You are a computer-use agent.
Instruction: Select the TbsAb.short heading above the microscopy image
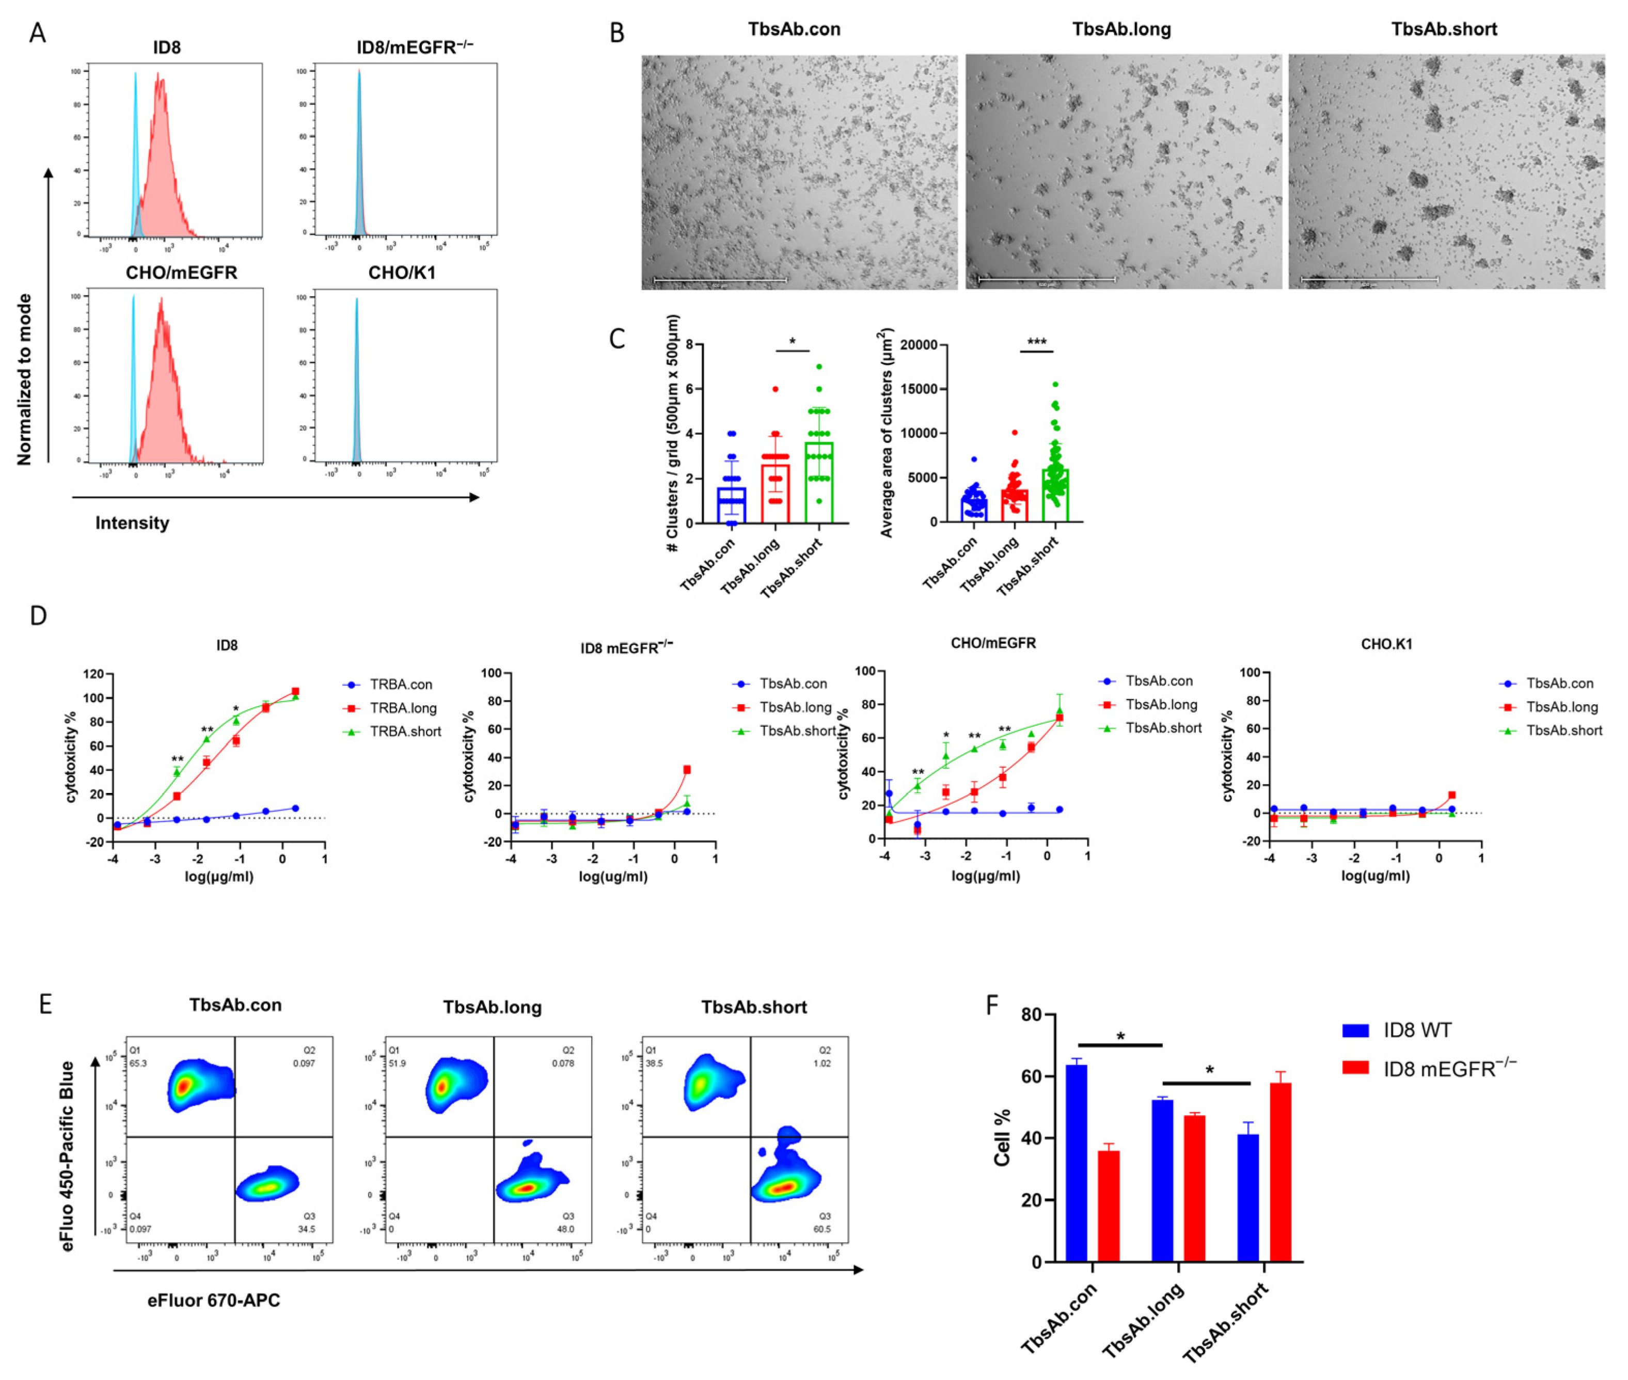point(1443,29)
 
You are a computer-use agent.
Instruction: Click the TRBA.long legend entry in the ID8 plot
point(402,708)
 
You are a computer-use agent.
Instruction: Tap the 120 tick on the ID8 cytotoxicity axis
point(93,674)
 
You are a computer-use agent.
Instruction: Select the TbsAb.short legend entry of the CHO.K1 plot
point(1562,730)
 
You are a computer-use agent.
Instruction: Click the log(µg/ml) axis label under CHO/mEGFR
point(985,876)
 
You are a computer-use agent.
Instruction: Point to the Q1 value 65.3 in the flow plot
point(138,1063)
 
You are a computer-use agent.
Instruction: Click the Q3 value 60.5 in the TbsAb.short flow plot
point(821,1229)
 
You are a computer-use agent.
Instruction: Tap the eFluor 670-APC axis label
point(214,1300)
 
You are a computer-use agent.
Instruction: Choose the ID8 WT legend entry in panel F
point(1416,1030)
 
